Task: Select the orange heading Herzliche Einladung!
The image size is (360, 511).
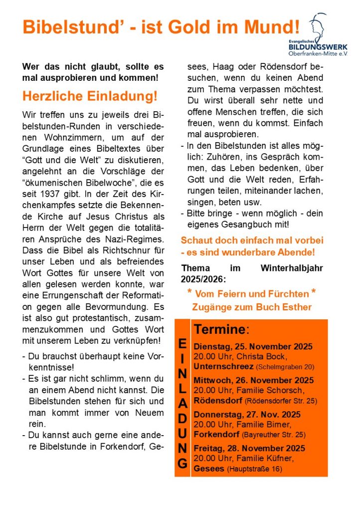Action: [90, 95]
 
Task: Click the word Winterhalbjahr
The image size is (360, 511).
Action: [292, 267]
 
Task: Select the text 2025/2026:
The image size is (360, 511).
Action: [204, 279]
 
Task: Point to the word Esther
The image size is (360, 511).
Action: [298, 307]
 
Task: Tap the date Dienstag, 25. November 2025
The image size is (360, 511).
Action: [253, 347]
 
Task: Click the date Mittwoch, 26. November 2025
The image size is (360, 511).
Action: [253, 380]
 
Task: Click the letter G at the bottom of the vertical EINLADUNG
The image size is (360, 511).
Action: [182, 464]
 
